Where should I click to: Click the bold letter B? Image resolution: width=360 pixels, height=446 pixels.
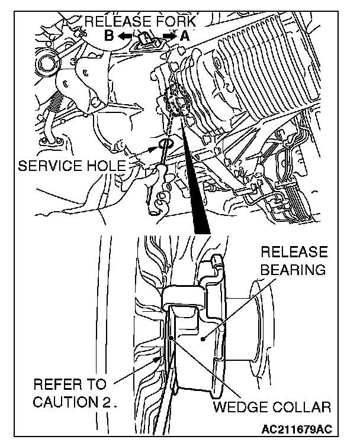pyautogui.click(x=109, y=35)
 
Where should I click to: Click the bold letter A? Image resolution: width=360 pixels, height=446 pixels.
pyautogui.click(x=185, y=35)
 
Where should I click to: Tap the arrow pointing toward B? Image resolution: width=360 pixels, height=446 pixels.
pyautogui.click(x=124, y=36)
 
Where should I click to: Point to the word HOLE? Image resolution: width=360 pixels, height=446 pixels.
pyautogui.click(x=110, y=166)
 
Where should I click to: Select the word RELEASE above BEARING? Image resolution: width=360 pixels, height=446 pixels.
pyautogui.click(x=294, y=252)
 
